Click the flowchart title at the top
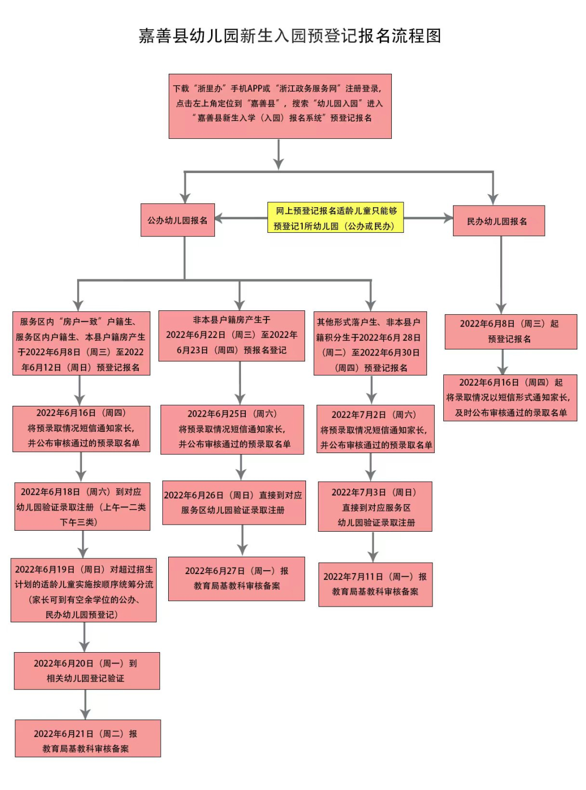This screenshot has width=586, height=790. click(290, 36)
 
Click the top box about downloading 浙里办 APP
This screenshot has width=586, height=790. click(280, 106)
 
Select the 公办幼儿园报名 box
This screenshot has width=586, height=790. click(177, 220)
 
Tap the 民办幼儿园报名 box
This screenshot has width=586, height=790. click(498, 221)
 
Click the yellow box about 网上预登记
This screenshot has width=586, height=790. click(335, 218)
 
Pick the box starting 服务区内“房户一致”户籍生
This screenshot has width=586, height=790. click(81, 343)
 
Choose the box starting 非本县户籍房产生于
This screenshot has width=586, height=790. click(232, 335)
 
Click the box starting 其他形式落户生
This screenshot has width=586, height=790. click(370, 343)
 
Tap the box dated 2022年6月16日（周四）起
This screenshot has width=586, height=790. click(510, 398)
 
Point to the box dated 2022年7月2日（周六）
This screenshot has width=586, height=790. click(375, 429)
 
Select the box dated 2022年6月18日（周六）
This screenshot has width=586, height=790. click(82, 506)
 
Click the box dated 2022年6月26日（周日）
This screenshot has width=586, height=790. click(234, 502)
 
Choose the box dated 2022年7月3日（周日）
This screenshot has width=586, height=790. click(375, 507)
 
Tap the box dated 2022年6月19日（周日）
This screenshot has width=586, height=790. click(84, 590)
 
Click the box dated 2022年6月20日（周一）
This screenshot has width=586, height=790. click(87, 671)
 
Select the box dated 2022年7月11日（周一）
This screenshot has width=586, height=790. click(375, 584)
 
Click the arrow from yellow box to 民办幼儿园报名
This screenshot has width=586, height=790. click(428, 218)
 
